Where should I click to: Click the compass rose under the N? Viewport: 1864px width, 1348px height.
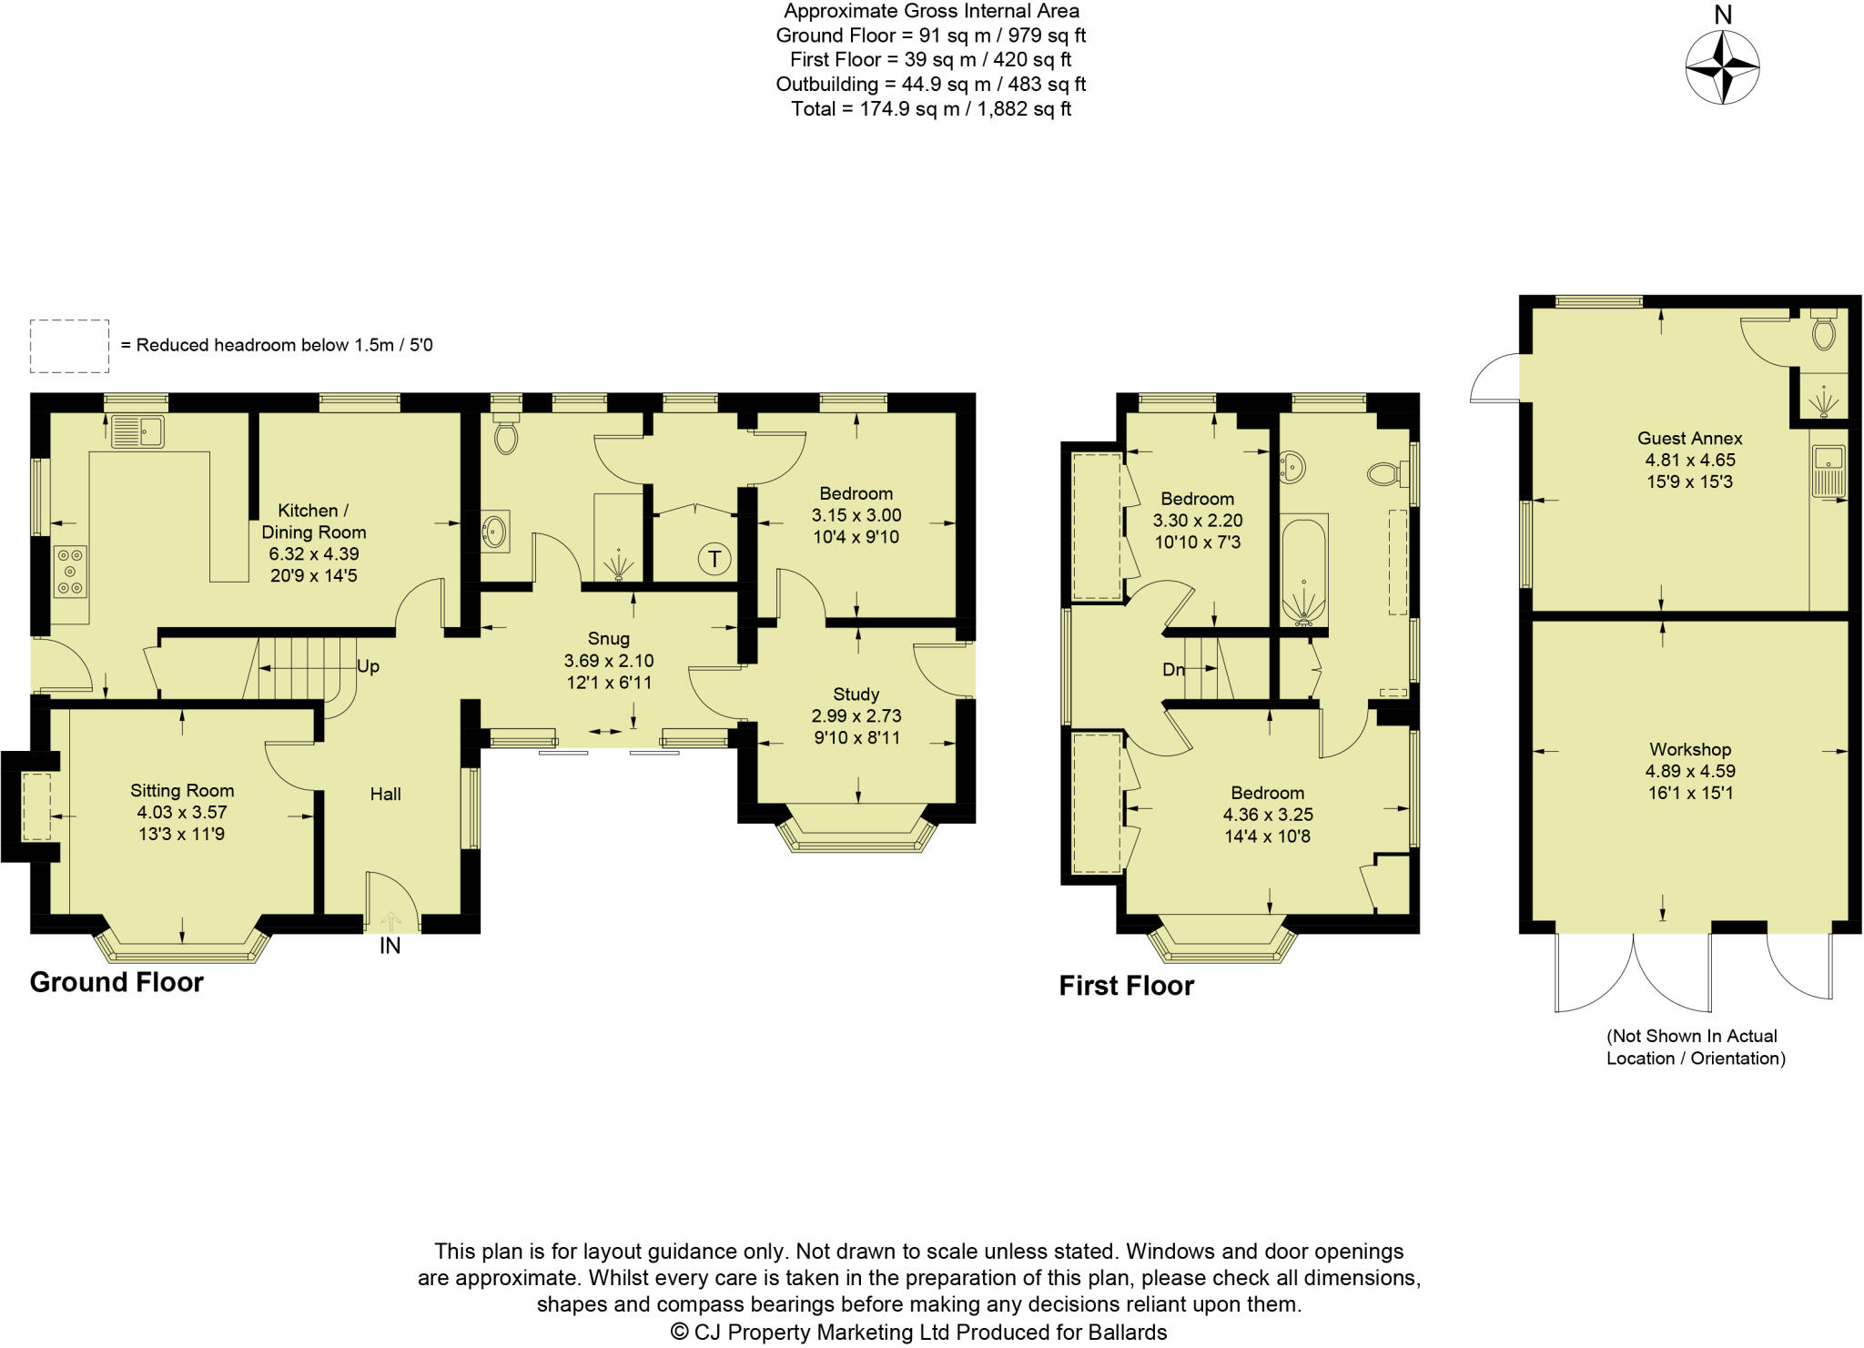[x=1722, y=67]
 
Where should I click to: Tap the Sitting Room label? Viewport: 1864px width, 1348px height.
[x=182, y=790]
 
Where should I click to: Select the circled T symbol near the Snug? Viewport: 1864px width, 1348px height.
[x=714, y=559]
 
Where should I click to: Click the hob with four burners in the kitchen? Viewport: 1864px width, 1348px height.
[x=70, y=572]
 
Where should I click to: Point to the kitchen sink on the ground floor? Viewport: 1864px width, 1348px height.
[x=137, y=431]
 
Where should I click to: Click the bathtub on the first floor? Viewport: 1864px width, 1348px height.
[x=1304, y=571]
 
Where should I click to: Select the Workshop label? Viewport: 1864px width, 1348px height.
[x=1689, y=749]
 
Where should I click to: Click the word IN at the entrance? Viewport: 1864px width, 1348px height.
[x=390, y=946]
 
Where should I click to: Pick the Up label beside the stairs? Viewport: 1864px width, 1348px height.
[x=368, y=666]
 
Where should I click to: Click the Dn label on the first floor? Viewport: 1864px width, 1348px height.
[x=1173, y=670]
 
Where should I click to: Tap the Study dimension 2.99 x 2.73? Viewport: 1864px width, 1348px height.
[x=856, y=715]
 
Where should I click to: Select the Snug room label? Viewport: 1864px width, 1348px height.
[x=608, y=639]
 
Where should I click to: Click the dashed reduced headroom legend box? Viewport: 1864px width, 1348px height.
[x=69, y=346]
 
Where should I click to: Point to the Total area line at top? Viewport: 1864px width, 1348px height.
[x=930, y=109]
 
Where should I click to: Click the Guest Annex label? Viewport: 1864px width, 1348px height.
[x=1689, y=438]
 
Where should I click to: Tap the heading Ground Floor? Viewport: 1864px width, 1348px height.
[x=116, y=982]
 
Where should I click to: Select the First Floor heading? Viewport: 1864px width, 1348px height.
[x=1126, y=986]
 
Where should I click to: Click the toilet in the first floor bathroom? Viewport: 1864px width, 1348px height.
[x=1384, y=473]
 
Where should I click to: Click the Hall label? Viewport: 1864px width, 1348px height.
[x=385, y=794]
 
